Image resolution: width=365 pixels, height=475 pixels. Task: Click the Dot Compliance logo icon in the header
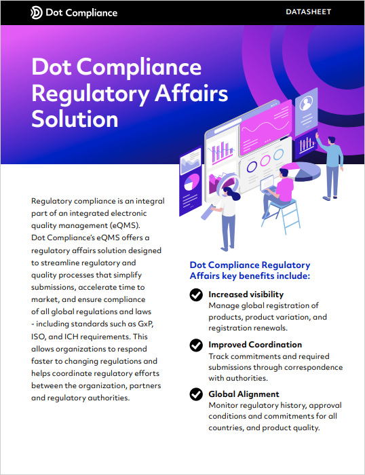click(x=37, y=13)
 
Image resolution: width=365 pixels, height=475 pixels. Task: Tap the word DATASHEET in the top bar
click(x=309, y=12)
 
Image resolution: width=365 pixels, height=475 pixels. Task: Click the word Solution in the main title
click(x=75, y=119)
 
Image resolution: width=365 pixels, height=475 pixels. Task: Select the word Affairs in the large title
click(x=191, y=93)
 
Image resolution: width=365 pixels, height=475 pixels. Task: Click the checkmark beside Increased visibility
click(x=196, y=294)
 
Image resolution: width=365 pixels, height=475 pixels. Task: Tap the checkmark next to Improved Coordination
click(x=196, y=345)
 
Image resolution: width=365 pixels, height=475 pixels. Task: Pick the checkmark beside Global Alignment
click(x=196, y=394)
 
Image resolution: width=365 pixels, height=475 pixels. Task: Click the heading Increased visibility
click(x=246, y=294)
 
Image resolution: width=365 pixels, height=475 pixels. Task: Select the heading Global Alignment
click(x=244, y=394)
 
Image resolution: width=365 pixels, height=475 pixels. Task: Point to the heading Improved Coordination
click(x=255, y=345)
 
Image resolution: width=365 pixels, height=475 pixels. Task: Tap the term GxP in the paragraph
click(x=146, y=324)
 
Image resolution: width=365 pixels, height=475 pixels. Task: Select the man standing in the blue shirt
click(x=330, y=167)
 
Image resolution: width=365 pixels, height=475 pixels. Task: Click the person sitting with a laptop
click(x=277, y=191)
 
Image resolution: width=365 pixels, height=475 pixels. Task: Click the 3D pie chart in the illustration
click(x=303, y=171)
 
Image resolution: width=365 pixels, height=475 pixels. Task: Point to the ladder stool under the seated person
click(x=282, y=216)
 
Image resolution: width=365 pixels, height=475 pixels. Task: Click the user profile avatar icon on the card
click(x=306, y=104)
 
